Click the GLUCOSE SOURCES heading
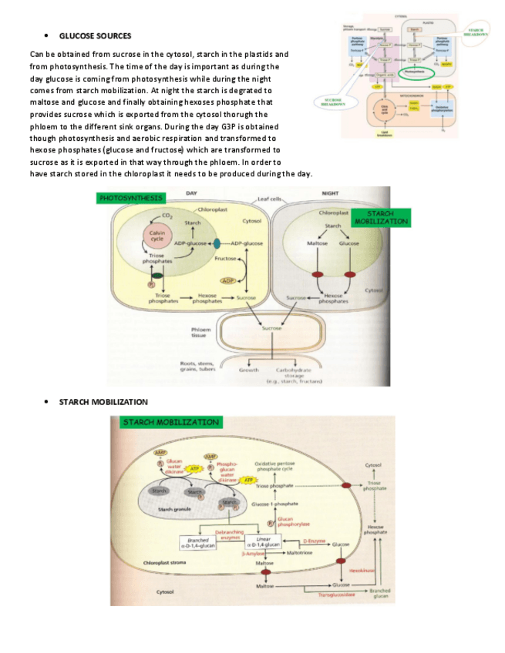(x=95, y=35)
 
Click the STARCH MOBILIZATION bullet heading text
(x=103, y=402)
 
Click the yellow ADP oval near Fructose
(x=229, y=280)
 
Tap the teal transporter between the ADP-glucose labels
(x=206, y=243)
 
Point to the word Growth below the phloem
(x=249, y=369)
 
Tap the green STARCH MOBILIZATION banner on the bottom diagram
(x=171, y=422)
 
